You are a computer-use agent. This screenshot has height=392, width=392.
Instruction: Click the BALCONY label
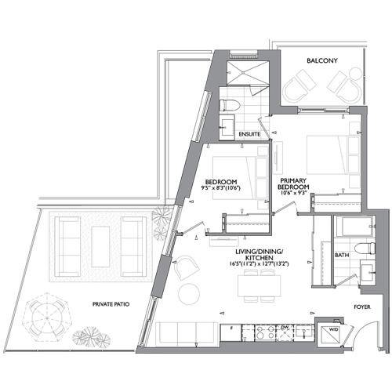click(x=322, y=60)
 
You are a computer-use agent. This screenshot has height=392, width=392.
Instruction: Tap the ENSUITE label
click(x=249, y=134)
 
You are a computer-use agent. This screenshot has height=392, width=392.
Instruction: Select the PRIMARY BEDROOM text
click(x=293, y=184)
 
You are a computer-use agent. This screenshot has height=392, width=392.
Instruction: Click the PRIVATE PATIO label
click(x=111, y=304)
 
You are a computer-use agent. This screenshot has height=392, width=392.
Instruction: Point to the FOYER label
click(x=362, y=307)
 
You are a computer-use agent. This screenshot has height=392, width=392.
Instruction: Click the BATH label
click(x=342, y=255)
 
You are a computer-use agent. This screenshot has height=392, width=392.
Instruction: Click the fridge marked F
click(x=231, y=332)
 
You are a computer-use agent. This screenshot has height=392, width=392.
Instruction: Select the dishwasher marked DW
click(x=285, y=332)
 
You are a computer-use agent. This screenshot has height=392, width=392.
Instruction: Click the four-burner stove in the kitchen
click(x=265, y=332)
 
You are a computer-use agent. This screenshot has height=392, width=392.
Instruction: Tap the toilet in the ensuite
click(x=230, y=105)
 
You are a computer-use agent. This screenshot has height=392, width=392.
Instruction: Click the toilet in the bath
click(x=365, y=249)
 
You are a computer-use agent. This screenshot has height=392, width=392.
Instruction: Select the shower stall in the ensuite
click(x=248, y=73)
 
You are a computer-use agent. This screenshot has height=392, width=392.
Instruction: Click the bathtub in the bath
click(x=354, y=227)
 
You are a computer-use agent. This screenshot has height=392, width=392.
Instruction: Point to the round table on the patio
click(x=47, y=318)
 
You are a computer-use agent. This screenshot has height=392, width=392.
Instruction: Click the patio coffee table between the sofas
click(x=100, y=247)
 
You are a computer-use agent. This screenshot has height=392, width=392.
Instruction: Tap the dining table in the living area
click(x=259, y=285)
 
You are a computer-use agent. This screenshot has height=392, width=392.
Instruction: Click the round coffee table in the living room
click(x=189, y=294)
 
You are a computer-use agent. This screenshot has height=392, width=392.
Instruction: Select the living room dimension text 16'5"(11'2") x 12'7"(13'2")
click(x=259, y=264)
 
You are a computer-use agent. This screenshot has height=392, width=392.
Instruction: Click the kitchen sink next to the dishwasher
click(x=304, y=332)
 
